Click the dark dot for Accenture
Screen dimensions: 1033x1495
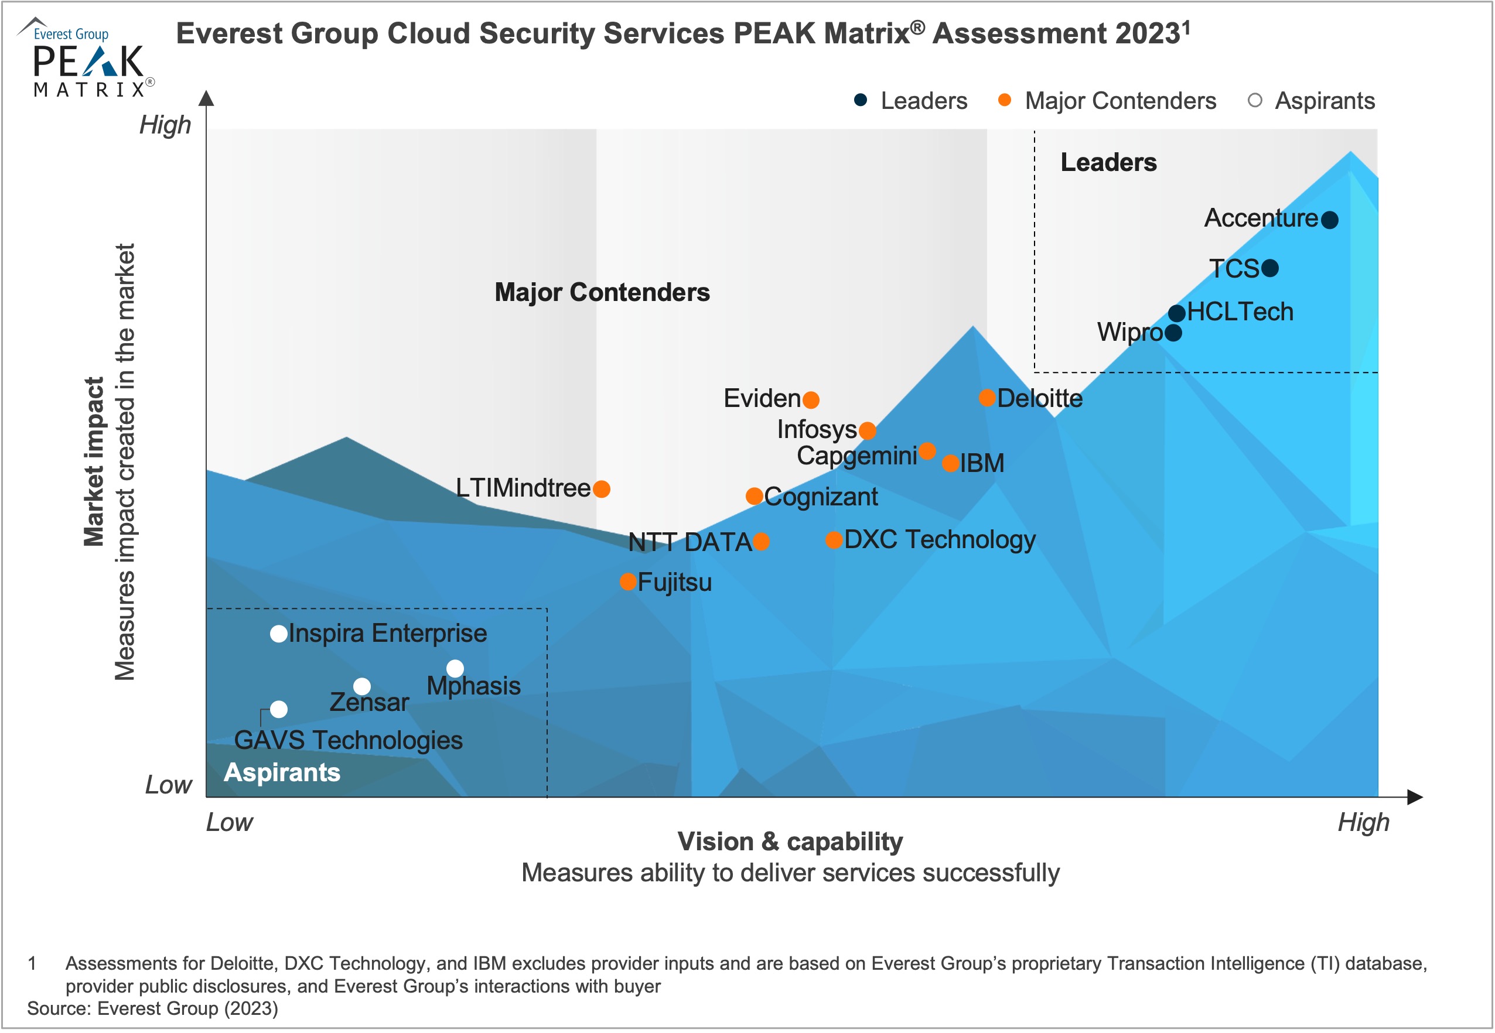click(1329, 220)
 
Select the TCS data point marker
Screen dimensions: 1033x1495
click(1269, 268)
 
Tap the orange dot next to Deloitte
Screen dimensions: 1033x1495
click(987, 398)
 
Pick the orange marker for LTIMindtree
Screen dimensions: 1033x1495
click(602, 488)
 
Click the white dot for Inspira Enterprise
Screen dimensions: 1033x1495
click(278, 634)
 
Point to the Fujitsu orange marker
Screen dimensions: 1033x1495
click(627, 582)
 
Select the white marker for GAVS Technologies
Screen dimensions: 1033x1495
click(278, 709)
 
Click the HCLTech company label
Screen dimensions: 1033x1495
click(1240, 312)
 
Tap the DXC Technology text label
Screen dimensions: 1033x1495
click(940, 539)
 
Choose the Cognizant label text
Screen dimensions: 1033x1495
click(820, 497)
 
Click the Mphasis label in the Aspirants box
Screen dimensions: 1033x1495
click(473, 685)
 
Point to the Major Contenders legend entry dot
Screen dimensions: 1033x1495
click(1004, 100)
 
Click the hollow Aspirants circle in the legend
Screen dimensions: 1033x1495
click(1255, 100)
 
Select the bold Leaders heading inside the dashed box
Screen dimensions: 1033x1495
click(1108, 162)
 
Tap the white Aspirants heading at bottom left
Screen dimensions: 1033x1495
click(282, 772)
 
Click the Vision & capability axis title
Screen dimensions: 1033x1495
click(790, 842)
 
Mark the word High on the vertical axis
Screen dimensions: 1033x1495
click(165, 124)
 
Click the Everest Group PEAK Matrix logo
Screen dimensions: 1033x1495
click(87, 58)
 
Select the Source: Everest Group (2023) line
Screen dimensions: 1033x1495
click(152, 1008)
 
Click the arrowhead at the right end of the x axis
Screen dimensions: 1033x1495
click(1415, 798)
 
